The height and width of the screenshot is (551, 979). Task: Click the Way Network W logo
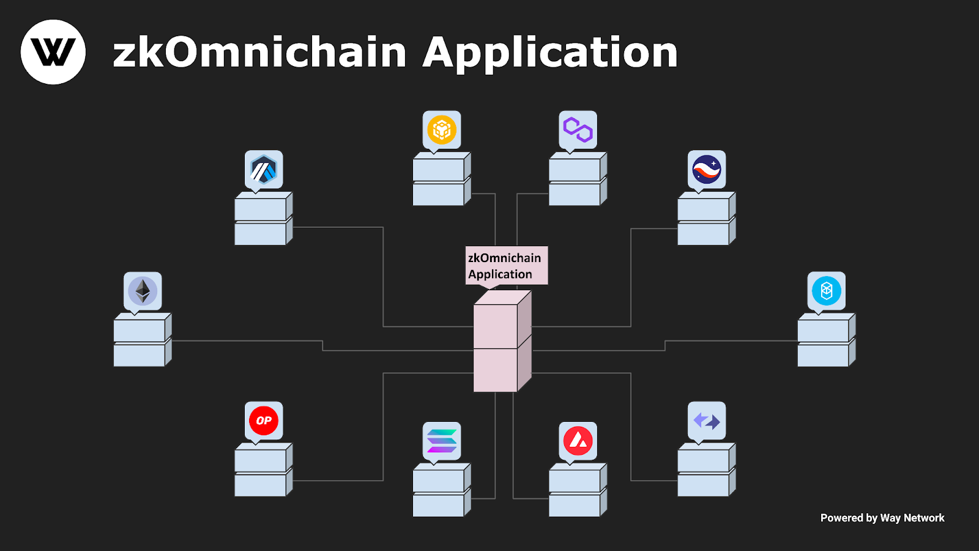[x=53, y=52]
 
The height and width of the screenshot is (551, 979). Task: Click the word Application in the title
[x=549, y=53]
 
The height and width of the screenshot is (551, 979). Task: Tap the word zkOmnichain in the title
[x=259, y=53]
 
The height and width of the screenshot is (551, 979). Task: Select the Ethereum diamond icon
[x=143, y=291]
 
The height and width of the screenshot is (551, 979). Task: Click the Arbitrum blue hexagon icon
[x=264, y=170]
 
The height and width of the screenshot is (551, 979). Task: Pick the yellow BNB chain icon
[x=442, y=130]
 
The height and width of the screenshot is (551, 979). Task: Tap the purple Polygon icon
[x=578, y=130]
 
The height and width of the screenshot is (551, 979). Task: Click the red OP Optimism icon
[x=264, y=421]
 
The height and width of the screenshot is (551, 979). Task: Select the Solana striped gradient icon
[x=442, y=441]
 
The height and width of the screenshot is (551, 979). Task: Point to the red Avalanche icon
[x=578, y=441]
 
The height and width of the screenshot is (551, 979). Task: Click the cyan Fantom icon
[x=827, y=291]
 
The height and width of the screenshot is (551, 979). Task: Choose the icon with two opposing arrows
[x=707, y=421]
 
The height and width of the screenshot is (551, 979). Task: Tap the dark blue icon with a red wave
[x=707, y=170]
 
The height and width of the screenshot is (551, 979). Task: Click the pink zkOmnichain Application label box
[x=507, y=266]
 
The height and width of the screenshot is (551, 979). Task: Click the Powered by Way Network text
[x=882, y=518]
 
